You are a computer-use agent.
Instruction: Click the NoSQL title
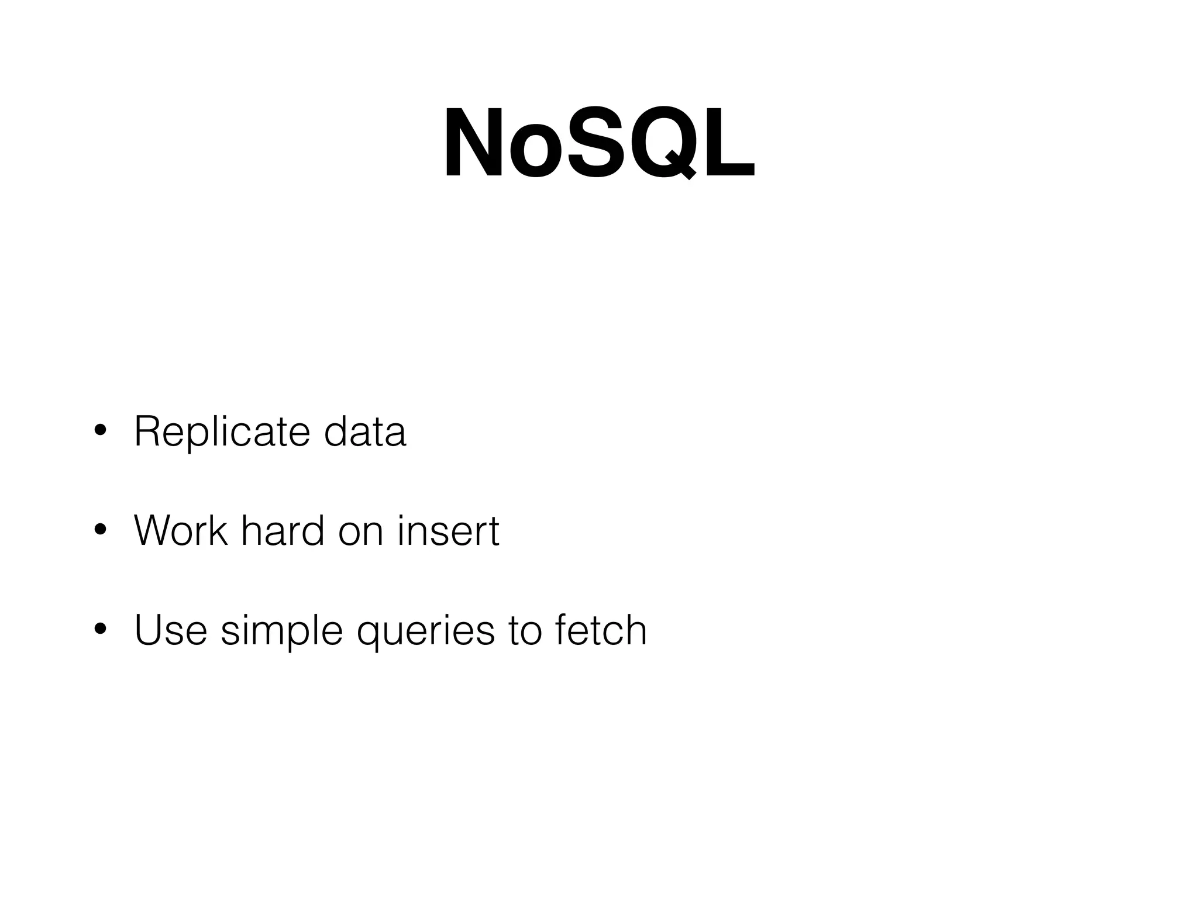click(x=599, y=143)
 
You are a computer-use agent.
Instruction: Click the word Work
click(x=180, y=531)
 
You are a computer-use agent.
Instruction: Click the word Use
click(x=171, y=630)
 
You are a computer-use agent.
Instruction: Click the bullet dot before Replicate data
click(x=100, y=431)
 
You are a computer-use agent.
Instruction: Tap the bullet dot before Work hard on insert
click(x=100, y=531)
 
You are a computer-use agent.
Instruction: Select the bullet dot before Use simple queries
click(x=100, y=630)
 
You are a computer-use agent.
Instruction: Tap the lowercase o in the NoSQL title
click(x=533, y=152)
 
